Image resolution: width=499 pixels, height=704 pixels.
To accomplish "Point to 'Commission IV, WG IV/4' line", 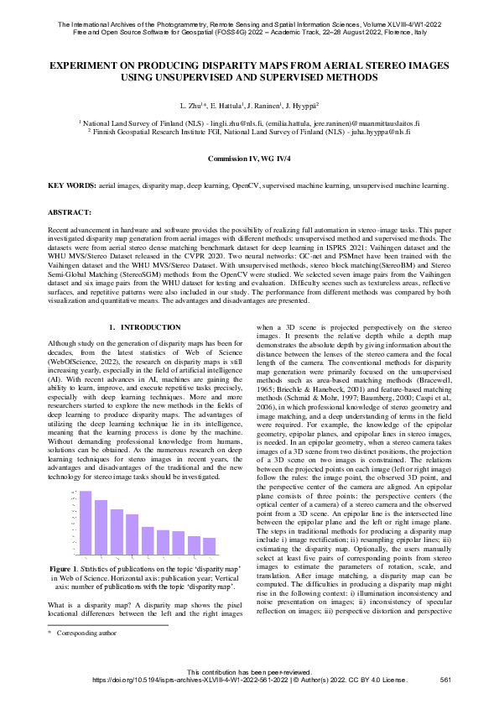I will [x=249, y=159].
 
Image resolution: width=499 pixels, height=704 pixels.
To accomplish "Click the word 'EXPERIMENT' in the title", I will [x=86, y=64].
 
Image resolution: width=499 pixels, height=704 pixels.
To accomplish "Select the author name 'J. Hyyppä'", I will [x=300, y=107].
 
